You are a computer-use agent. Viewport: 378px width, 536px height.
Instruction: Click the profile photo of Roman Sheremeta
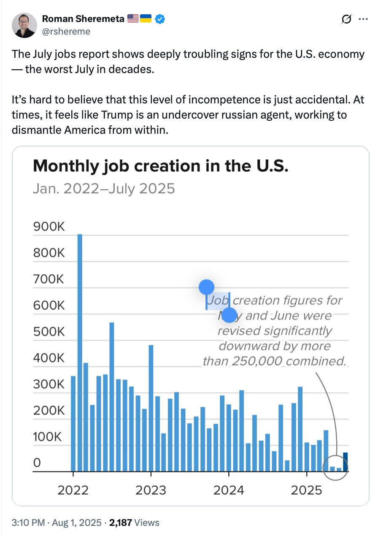pyautogui.click(x=24, y=25)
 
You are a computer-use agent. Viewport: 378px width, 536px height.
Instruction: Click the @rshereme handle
pyautogui.click(x=66, y=31)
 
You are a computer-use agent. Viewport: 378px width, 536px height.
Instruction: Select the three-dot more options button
pyautogui.click(x=363, y=19)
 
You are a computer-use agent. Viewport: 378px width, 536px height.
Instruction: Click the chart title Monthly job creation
pyautogui.click(x=160, y=166)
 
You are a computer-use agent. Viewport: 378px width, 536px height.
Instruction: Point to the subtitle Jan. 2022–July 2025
pyautogui.click(x=103, y=188)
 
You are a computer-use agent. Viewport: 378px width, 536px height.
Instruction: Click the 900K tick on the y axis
pyautogui.click(x=49, y=227)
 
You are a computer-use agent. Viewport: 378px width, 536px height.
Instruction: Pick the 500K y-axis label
pyautogui.click(x=49, y=332)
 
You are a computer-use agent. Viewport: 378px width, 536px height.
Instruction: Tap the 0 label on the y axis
pyautogui.click(x=37, y=463)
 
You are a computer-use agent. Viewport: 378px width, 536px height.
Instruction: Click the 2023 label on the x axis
pyautogui.click(x=151, y=490)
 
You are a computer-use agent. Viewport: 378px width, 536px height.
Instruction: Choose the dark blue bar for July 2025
pyautogui.click(x=346, y=462)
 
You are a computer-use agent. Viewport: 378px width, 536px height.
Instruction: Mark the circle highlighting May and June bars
pyautogui.click(x=335, y=467)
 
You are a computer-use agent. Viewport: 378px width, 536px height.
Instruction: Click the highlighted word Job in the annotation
pyautogui.click(x=218, y=300)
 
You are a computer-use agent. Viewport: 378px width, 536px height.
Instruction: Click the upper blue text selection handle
pyautogui.click(x=207, y=287)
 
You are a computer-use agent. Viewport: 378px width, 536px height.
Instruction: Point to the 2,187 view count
pyautogui.click(x=121, y=522)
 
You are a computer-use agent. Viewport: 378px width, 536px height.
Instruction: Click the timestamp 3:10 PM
pyautogui.click(x=28, y=522)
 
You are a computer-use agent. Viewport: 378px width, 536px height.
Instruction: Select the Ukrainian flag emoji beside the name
pyautogui.click(x=146, y=19)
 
